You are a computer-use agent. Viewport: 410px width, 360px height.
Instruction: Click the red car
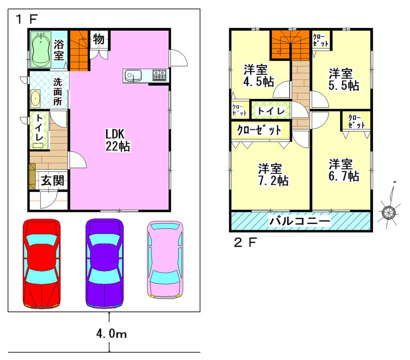tap(42, 264)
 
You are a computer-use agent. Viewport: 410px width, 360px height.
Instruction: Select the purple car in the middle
tap(104, 264)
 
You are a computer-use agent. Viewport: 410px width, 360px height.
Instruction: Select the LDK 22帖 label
tap(118, 140)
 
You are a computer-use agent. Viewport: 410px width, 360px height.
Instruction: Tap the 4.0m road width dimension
tap(111, 334)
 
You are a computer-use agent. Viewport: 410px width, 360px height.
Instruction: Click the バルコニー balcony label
tap(300, 222)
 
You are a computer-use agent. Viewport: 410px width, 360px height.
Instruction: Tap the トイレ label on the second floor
tap(271, 111)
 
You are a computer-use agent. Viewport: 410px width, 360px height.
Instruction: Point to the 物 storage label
tap(98, 39)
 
